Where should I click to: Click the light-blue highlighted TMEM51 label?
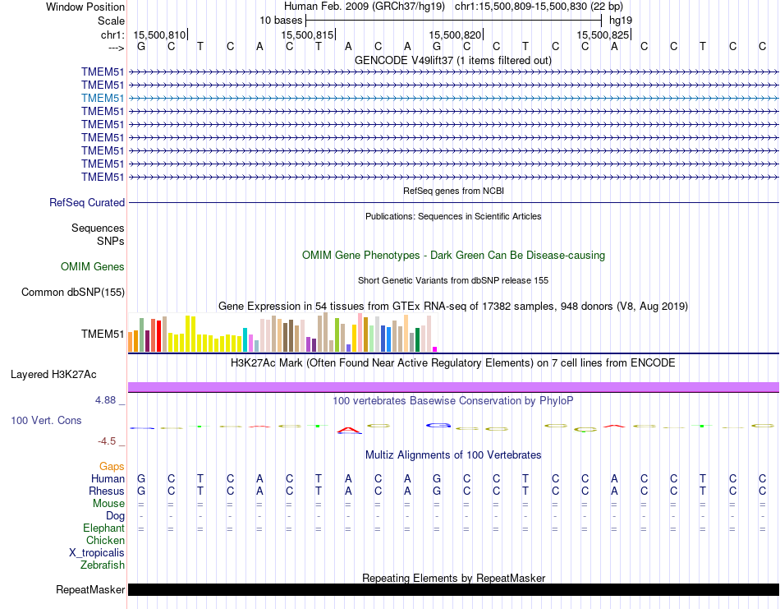coord(103,98)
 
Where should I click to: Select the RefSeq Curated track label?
coord(87,202)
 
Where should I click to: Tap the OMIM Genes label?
coord(93,266)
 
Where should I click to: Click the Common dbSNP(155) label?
coord(73,292)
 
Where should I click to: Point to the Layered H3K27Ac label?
coord(53,374)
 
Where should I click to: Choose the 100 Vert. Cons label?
coord(46,420)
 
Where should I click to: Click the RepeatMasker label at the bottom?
coord(90,589)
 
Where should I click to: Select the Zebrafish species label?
coord(103,565)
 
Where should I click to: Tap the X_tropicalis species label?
coord(97,552)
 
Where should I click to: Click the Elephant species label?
coord(103,528)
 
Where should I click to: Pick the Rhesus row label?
coord(106,491)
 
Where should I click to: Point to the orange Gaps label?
coord(112,466)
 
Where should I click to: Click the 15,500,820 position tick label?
coord(455,35)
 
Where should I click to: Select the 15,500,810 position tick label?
coord(159,35)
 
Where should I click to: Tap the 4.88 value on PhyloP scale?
coord(106,400)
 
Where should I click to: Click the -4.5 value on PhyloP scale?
coord(108,441)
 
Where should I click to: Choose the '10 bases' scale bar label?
coord(281,20)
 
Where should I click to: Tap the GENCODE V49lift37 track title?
coord(453,60)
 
